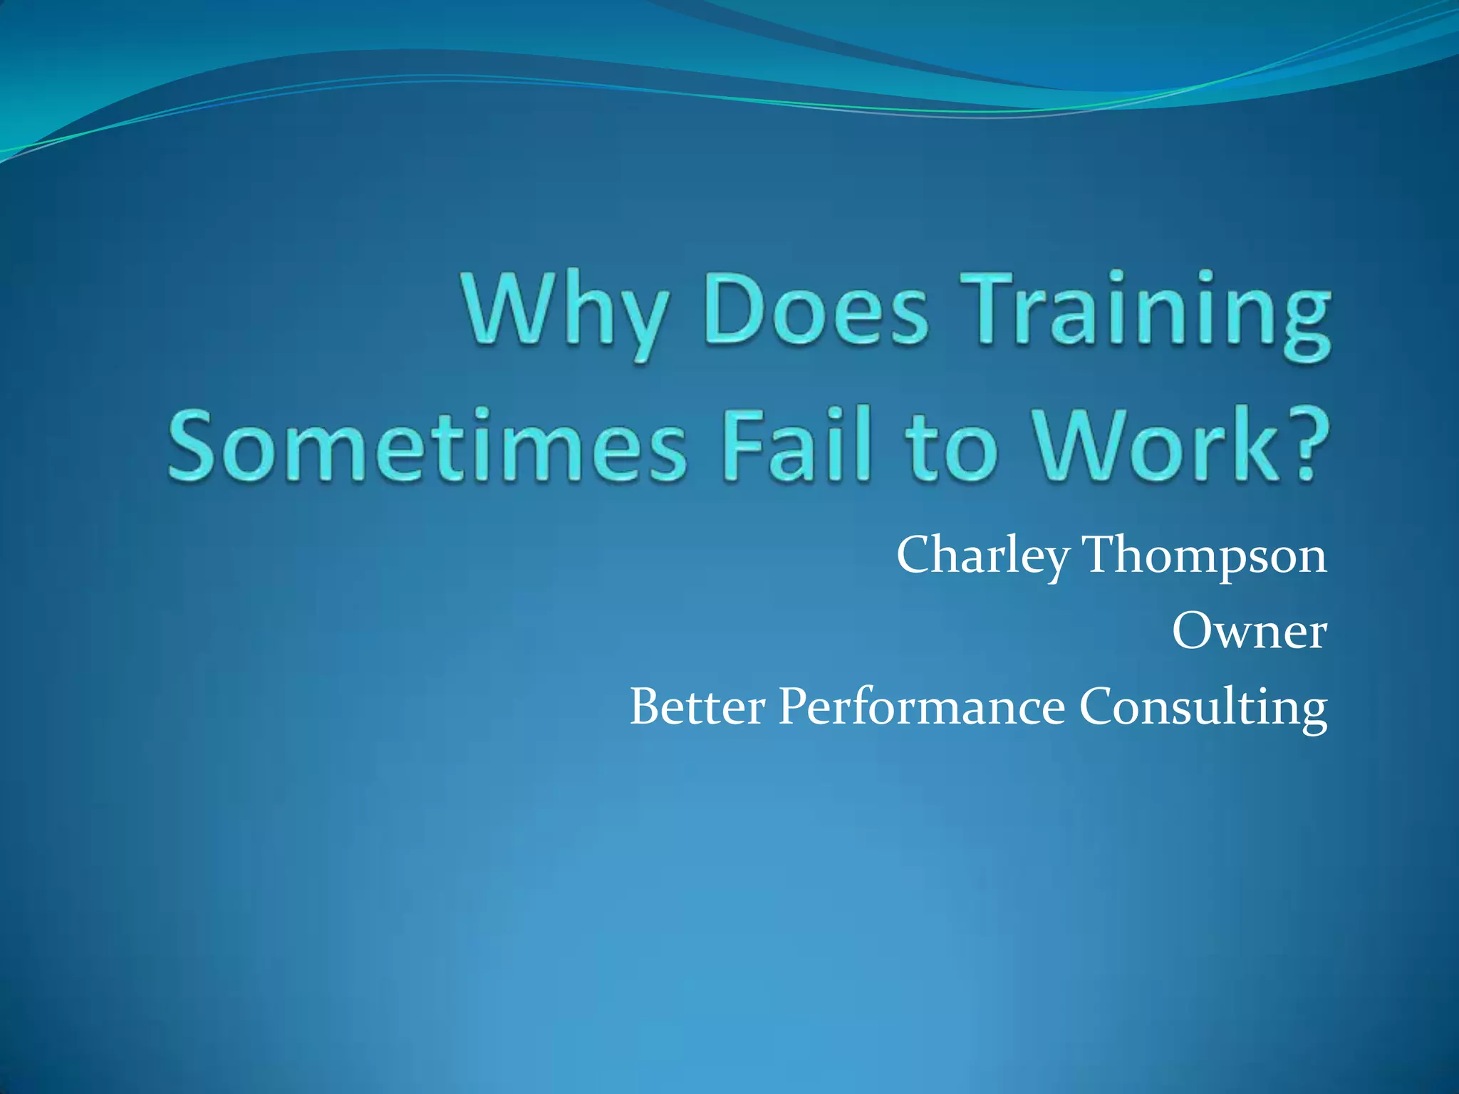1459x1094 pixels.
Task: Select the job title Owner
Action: click(x=1249, y=632)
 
